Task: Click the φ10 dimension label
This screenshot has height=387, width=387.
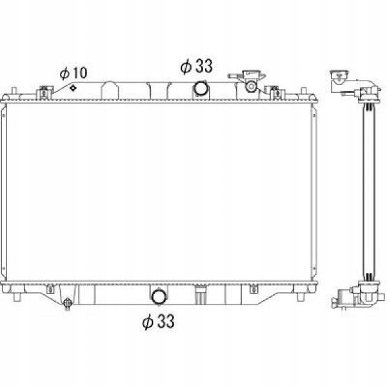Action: point(74,74)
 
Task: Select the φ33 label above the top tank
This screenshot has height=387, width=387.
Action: point(197,66)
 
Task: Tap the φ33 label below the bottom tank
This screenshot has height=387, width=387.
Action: point(159,321)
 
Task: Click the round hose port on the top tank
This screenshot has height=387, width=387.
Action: point(201,88)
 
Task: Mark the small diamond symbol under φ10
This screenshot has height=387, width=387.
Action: point(73,88)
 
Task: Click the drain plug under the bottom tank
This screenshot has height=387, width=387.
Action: point(67,303)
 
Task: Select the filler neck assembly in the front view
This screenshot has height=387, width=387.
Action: point(248,81)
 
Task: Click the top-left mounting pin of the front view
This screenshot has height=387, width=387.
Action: point(14,91)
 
